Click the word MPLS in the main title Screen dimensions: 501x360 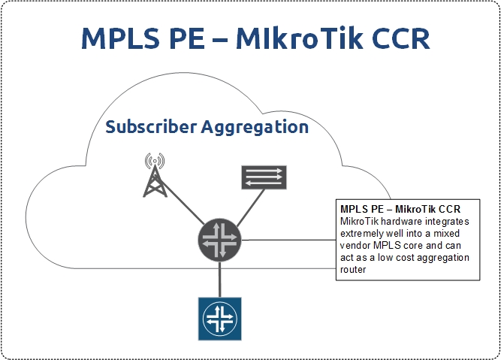[x=120, y=38]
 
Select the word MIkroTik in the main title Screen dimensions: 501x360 [x=300, y=38]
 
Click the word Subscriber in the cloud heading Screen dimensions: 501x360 [x=151, y=126]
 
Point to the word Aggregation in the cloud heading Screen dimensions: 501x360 [x=255, y=128]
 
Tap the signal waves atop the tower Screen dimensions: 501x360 [x=155, y=160]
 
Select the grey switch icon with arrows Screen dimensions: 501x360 [x=264, y=177]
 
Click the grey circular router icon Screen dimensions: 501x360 [x=219, y=240]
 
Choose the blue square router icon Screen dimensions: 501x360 [x=220, y=319]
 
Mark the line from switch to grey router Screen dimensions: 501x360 [x=251, y=208]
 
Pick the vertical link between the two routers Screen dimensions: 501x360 [x=220, y=280]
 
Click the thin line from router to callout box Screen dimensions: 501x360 [x=288, y=240]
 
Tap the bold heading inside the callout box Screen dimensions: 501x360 [x=400, y=209]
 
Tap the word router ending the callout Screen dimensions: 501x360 [x=353, y=270]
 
